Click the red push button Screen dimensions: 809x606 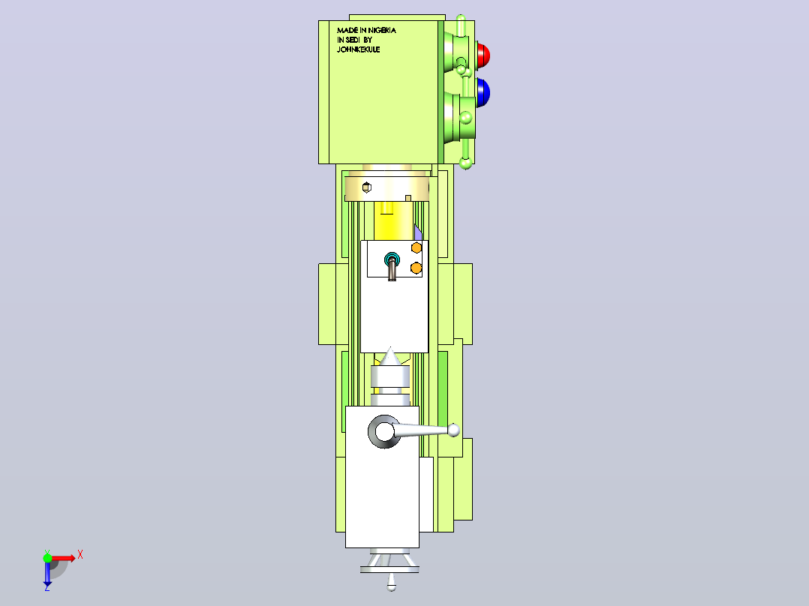[x=483, y=55]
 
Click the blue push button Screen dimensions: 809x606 [x=483, y=93]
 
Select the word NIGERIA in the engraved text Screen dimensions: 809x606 [x=382, y=31]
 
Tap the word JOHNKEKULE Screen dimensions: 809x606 [x=359, y=49]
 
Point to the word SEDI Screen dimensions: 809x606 [x=353, y=40]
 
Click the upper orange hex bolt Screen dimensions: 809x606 [x=417, y=248]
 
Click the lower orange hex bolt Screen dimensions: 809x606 [x=416, y=268]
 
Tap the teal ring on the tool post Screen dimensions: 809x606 [x=392, y=258]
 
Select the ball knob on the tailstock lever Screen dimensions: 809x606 [x=453, y=430]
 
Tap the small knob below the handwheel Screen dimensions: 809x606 [x=392, y=584]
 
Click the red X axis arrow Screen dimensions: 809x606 [x=64, y=558]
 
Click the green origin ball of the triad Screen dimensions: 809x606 [x=47, y=557]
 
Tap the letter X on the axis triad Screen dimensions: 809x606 [x=80, y=556]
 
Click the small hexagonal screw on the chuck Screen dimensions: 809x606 [x=366, y=187]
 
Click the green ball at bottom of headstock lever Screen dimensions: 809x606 [x=465, y=164]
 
